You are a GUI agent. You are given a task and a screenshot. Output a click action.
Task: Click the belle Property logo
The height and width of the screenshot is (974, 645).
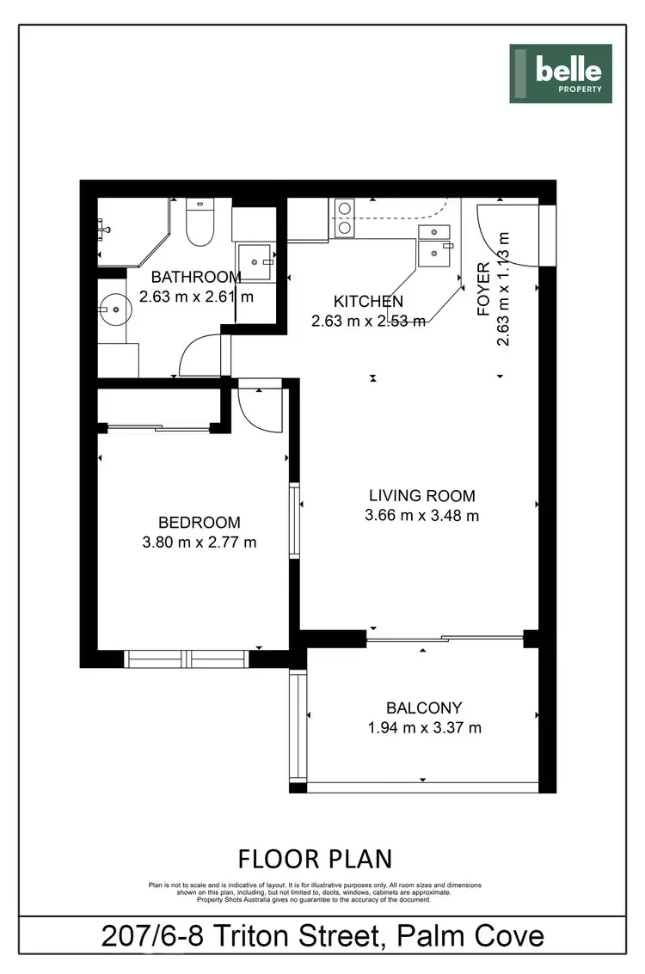(x=560, y=74)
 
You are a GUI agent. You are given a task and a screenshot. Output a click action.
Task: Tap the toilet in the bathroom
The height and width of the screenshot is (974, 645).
(x=200, y=222)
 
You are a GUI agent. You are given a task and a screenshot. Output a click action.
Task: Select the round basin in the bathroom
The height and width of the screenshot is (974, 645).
(x=113, y=305)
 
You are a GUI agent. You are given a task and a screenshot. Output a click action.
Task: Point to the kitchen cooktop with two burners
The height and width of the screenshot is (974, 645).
(x=344, y=218)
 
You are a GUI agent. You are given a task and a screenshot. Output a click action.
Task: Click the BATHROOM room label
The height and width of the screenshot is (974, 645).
(x=196, y=277)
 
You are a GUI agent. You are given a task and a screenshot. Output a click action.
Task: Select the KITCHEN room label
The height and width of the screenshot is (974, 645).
(x=368, y=302)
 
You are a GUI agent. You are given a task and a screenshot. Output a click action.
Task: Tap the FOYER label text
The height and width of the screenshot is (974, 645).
(x=484, y=290)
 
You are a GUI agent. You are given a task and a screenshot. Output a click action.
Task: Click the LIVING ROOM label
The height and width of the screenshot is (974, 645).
(x=421, y=496)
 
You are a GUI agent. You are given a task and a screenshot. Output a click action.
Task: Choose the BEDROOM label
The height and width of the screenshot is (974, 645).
(x=199, y=523)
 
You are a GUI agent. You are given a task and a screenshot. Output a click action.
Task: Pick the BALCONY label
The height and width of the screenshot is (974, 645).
(x=424, y=708)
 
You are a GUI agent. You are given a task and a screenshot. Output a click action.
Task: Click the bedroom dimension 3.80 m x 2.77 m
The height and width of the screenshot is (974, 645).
(x=199, y=542)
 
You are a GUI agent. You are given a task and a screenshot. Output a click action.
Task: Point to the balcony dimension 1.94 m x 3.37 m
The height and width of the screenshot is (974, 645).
(x=424, y=728)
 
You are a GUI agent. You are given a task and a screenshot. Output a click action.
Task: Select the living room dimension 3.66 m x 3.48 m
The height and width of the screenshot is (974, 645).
(x=421, y=516)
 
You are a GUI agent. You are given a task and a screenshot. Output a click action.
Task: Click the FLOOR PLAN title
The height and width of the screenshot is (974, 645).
(x=315, y=858)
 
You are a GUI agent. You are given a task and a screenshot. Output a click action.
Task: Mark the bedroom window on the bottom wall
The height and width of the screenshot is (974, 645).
(x=187, y=659)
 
